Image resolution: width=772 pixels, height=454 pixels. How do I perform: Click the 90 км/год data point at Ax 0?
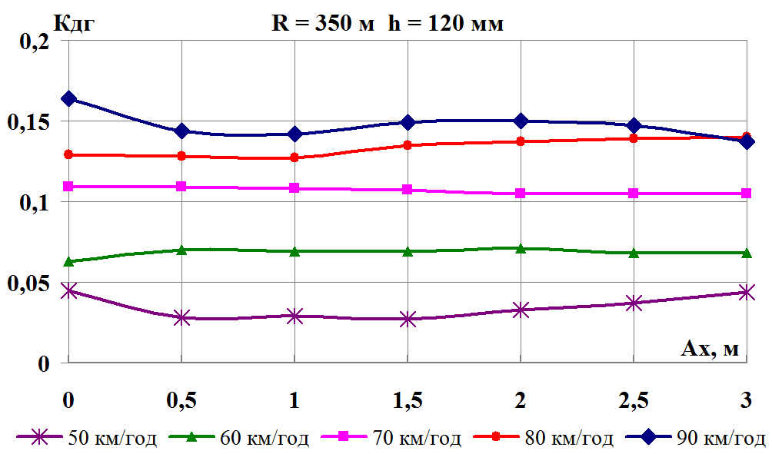(69, 98)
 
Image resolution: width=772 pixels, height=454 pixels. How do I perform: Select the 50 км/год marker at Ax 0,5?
(181, 317)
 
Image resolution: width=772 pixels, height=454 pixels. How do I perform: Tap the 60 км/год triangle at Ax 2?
(521, 248)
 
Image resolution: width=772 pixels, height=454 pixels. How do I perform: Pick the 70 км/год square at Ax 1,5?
(408, 189)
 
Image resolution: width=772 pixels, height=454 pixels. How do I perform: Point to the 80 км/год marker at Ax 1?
(294, 157)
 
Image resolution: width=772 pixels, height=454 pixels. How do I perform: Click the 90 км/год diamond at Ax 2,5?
(634, 125)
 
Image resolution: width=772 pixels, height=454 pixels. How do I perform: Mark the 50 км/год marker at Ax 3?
(746, 292)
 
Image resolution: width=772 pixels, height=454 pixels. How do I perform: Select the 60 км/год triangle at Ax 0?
(69, 261)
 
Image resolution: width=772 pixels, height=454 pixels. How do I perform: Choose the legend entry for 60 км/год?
(239, 439)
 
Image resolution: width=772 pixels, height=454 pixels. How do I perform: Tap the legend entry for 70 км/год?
(391, 439)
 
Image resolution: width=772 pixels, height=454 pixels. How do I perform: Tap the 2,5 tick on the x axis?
(634, 401)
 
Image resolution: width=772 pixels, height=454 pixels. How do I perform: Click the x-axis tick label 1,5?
(408, 401)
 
